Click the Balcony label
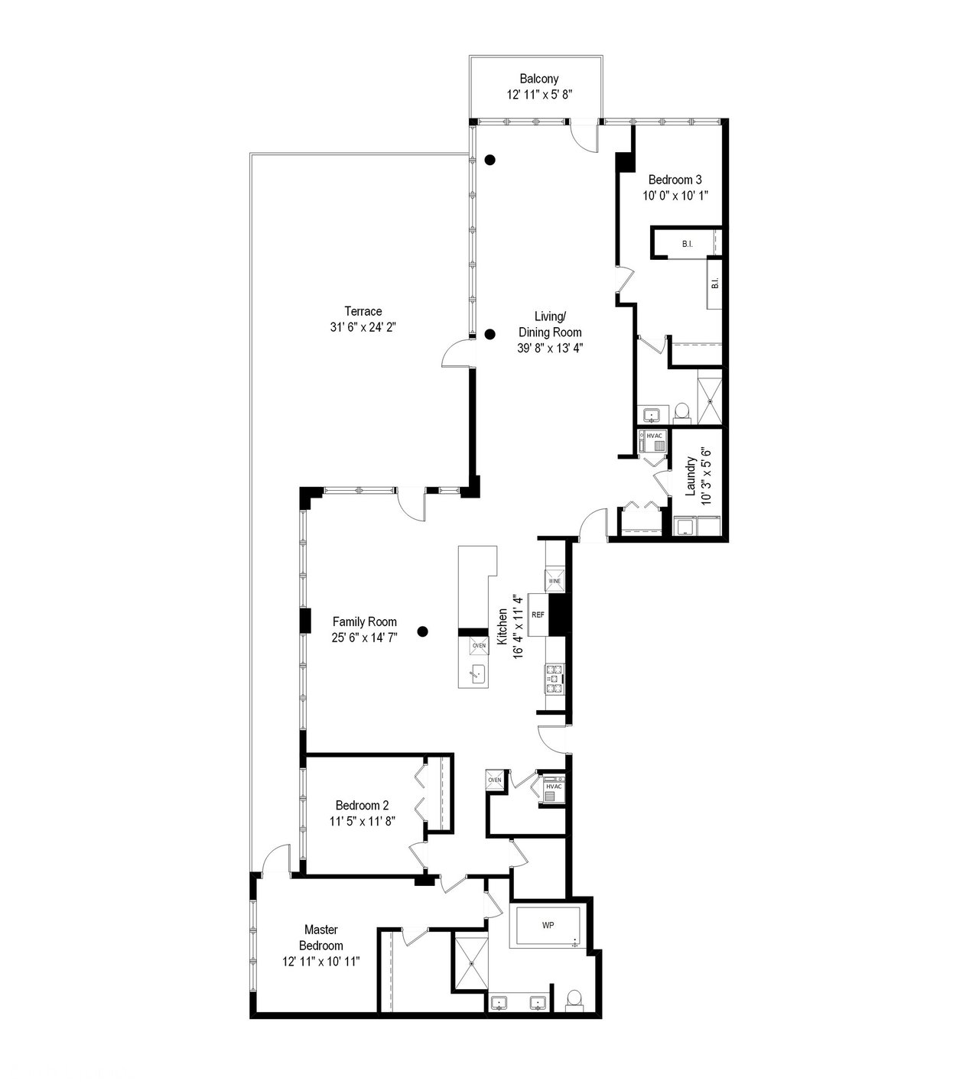pos(538,79)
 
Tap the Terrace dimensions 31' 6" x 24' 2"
pos(363,327)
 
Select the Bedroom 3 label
pos(675,180)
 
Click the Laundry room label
pos(691,476)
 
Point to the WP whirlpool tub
pos(548,925)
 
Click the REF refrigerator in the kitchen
pos(538,615)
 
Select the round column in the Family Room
pos(422,631)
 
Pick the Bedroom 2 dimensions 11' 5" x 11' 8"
pos(363,821)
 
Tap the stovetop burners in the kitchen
pos(555,679)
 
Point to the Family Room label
pos(365,621)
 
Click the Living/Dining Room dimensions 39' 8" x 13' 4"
pos(550,348)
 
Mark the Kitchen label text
pos(503,626)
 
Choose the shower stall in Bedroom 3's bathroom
pos(710,401)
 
